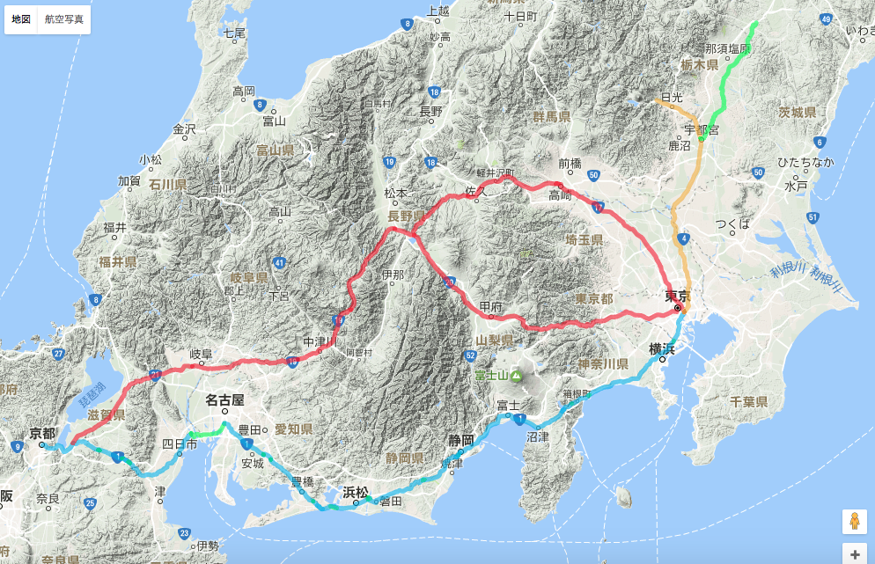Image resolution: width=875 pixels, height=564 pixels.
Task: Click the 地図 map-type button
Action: tap(21, 18)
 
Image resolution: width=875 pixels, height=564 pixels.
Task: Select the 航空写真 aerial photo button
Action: tap(65, 18)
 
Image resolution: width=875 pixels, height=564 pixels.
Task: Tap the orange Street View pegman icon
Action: tap(853, 521)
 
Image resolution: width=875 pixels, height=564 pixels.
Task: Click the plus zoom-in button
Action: tap(853, 554)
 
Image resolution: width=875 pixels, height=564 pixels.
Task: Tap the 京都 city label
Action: tap(42, 433)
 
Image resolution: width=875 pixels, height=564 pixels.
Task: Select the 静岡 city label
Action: tap(460, 439)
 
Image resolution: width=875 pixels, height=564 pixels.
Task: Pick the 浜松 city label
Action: tap(356, 492)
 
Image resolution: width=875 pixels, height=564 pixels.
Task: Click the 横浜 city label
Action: tap(662, 348)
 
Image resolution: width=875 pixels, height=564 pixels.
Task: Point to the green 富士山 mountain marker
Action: tap(516, 377)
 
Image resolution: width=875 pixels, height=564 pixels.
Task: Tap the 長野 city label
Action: tap(431, 111)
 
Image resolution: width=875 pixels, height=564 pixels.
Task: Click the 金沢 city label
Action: tap(184, 128)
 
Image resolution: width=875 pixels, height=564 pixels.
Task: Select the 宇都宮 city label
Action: tap(702, 129)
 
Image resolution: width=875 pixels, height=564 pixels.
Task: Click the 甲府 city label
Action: tap(491, 306)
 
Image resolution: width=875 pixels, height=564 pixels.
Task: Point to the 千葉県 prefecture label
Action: tap(749, 401)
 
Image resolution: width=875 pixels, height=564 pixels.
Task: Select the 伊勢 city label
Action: tap(208, 546)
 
